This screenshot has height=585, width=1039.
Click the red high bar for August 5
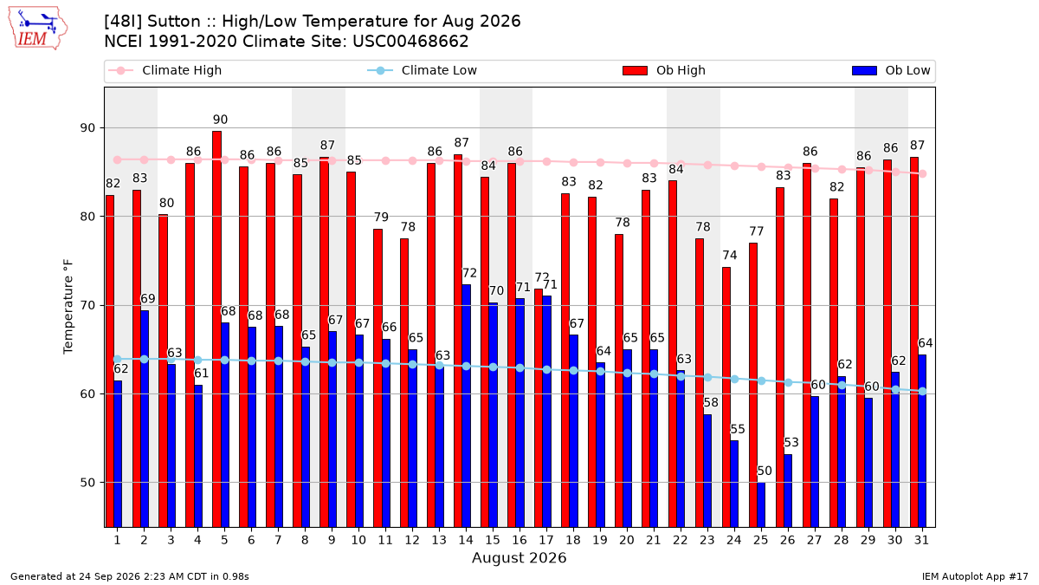(x=216, y=329)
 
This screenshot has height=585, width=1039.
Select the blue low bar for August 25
(x=761, y=504)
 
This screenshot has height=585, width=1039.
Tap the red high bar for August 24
(x=726, y=397)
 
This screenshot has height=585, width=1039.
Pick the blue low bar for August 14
(x=466, y=406)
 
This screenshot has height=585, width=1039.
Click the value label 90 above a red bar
(x=220, y=120)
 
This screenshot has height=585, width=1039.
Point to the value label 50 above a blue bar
(x=765, y=471)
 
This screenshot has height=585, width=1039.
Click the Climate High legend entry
(x=165, y=70)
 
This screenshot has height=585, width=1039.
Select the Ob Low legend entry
(x=891, y=70)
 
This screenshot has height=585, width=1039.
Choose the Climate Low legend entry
(x=423, y=70)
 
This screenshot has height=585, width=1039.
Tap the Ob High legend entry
(x=664, y=70)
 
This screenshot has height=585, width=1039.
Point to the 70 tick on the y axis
(x=87, y=305)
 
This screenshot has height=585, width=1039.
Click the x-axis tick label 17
(x=546, y=540)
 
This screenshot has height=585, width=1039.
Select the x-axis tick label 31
(x=921, y=540)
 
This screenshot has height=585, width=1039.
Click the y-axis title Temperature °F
(x=68, y=307)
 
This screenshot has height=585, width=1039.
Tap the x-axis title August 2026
(x=519, y=557)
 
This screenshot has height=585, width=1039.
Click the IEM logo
(x=38, y=29)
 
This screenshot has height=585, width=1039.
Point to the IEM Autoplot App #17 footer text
(x=975, y=576)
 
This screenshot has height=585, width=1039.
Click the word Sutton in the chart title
(x=174, y=22)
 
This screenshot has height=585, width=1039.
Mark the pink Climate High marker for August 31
(x=923, y=173)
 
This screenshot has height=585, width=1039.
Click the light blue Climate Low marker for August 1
(x=118, y=359)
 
